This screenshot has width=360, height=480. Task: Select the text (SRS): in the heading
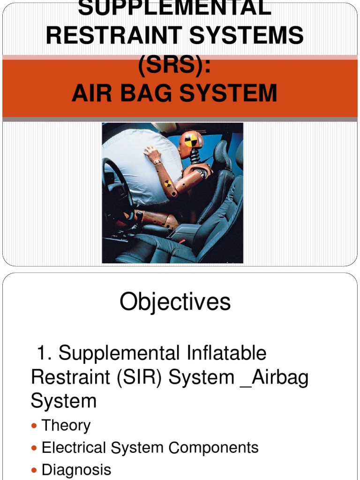tap(174, 65)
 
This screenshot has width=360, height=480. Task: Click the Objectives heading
tap(175, 302)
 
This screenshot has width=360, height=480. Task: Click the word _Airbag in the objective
tap(274, 377)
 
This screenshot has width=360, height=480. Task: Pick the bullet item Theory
tap(66, 426)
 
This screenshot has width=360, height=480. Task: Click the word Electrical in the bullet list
tap(74, 448)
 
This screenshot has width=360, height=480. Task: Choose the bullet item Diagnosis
tap(76, 470)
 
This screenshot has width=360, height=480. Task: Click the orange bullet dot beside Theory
tap(34, 426)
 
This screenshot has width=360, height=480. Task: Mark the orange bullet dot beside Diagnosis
tap(34, 470)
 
